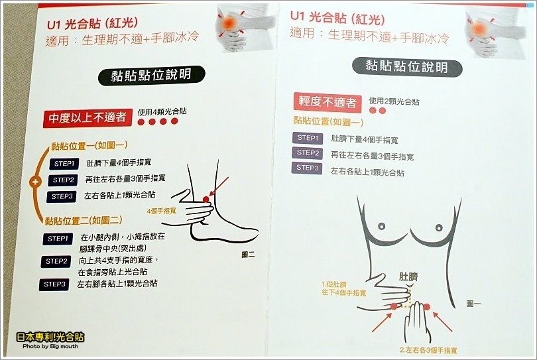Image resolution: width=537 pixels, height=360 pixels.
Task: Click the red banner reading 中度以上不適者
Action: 88,118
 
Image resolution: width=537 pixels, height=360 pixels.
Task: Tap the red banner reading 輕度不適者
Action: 328,102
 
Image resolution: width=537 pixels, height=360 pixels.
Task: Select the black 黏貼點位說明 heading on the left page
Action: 151,76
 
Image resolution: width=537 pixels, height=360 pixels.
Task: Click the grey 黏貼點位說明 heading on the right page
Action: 407,67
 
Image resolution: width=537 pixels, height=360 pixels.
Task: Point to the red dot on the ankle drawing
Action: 206,200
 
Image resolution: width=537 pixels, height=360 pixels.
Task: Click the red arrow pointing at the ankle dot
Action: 219,186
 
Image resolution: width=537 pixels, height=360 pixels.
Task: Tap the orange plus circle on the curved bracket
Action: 35,182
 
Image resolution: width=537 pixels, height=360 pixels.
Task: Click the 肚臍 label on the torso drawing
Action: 408,276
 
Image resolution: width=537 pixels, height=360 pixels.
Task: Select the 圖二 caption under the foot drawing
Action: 248,255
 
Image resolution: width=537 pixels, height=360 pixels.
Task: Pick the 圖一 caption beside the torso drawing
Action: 473,304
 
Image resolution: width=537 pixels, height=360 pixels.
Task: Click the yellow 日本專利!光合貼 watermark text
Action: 50,337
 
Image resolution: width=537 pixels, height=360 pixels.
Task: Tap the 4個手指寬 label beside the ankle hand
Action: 161,211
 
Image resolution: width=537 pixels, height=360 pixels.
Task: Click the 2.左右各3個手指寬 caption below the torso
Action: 428,351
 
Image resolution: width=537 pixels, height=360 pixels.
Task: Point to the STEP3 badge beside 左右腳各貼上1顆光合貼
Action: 54,284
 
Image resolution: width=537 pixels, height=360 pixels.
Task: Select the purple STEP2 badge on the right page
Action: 307,152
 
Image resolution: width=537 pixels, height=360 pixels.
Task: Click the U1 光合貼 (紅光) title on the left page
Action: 92,24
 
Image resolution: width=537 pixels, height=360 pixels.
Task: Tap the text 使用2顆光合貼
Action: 394,101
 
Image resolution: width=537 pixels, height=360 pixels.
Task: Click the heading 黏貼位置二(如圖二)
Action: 84,221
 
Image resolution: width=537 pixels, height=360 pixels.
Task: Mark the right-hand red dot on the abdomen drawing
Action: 426,306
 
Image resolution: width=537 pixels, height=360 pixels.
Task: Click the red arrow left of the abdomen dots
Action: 382,322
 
